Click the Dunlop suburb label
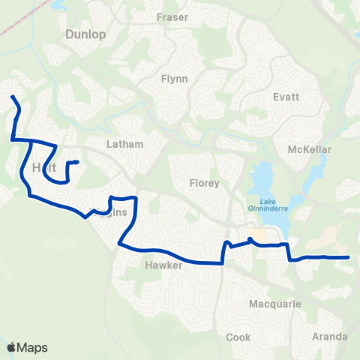click(x=86, y=34)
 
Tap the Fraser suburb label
click(x=172, y=17)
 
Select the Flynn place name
click(x=174, y=78)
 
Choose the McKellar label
click(x=309, y=149)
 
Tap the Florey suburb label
click(x=204, y=182)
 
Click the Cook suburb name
click(x=238, y=337)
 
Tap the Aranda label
click(x=330, y=336)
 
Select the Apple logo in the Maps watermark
click(x=11, y=347)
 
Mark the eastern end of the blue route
click(x=349, y=257)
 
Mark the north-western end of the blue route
click(x=12, y=97)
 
